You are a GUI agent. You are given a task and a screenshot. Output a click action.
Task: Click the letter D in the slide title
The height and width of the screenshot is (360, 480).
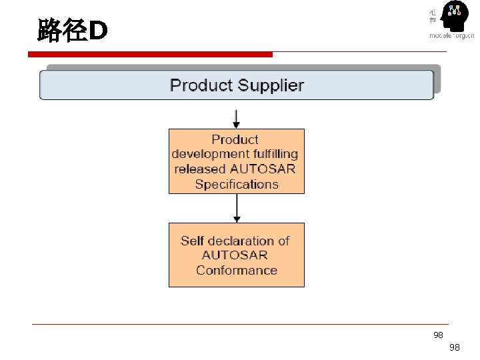tap(98, 31)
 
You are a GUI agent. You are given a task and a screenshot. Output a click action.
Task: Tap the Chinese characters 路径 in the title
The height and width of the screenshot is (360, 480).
tap(63, 31)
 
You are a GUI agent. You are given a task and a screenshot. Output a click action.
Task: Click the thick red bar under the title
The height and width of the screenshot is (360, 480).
tap(154, 54)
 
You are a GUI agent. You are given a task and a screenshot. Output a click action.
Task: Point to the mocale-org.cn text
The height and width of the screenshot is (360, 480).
tap(452, 35)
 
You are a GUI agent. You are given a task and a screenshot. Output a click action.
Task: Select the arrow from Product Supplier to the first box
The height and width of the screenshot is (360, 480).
tap(236, 119)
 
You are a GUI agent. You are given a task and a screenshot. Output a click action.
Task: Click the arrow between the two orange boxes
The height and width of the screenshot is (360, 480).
tap(236, 209)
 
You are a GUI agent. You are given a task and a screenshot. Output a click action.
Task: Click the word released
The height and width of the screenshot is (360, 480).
tap(200, 169)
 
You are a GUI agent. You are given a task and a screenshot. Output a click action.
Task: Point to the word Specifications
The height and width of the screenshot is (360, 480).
tap(237, 184)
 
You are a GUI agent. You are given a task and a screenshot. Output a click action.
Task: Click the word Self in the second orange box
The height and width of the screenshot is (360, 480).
tap(192, 241)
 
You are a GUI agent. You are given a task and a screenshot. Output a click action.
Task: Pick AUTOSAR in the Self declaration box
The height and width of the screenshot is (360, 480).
tap(235, 255)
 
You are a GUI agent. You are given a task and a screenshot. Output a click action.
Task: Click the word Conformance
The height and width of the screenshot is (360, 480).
tap(237, 270)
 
